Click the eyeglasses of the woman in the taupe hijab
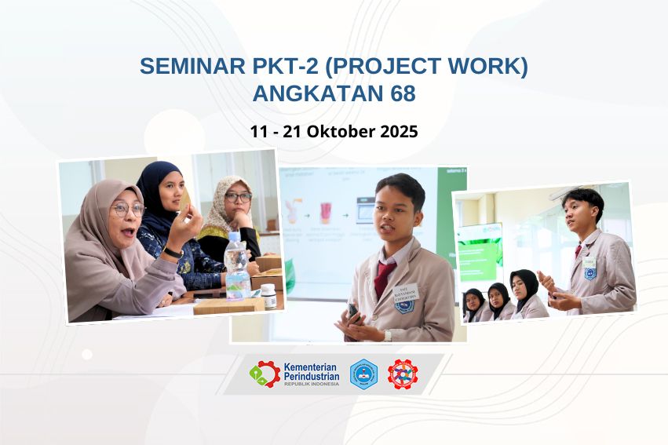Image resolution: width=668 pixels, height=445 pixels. [127, 210]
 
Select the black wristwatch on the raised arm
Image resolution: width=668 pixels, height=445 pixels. [173, 253]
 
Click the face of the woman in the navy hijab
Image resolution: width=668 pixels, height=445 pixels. [172, 189]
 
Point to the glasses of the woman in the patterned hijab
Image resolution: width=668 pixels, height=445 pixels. [238, 197]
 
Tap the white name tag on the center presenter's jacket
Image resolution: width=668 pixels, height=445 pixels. [406, 294]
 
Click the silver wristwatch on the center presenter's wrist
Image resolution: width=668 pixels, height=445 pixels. [388, 335]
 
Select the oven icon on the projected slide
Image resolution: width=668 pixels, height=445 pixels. [366, 210]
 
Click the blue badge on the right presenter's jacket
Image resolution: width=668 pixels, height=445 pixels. [590, 272]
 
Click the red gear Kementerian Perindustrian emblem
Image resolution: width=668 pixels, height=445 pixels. [265, 374]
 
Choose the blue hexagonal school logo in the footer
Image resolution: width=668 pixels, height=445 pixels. [363, 374]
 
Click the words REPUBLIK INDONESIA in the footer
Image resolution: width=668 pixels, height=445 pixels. [312, 384]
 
